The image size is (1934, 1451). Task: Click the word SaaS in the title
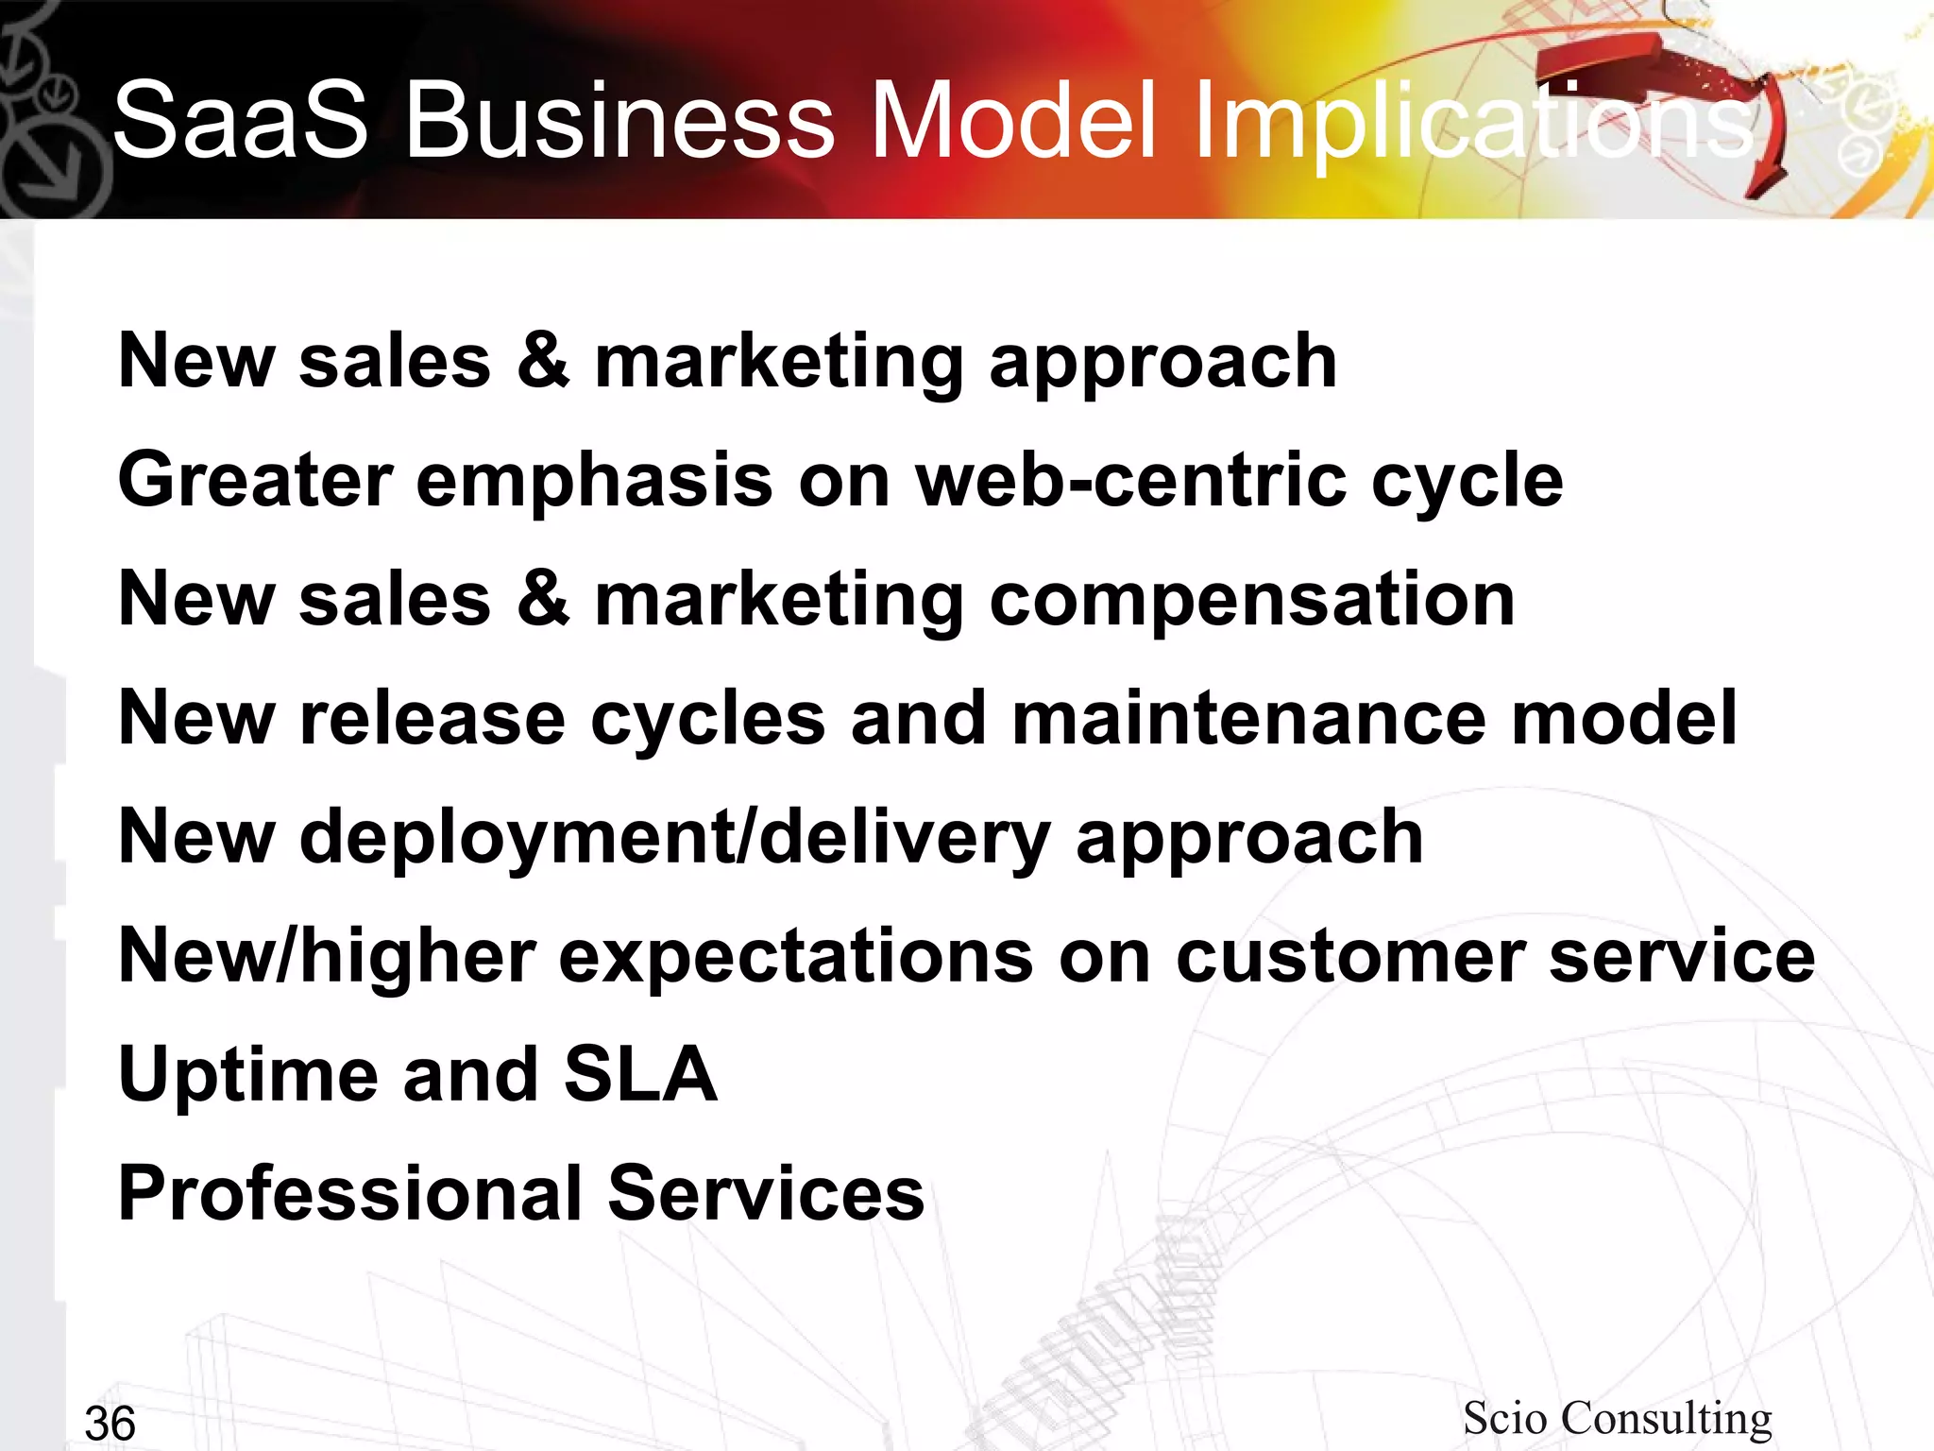tap(240, 120)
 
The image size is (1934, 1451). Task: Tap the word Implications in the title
tap(1473, 120)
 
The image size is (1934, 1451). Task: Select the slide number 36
tap(110, 1423)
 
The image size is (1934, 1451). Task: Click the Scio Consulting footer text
tap(1617, 1418)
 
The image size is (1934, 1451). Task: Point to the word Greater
tap(255, 480)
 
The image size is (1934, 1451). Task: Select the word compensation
tap(1251, 601)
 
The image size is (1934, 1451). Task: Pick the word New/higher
tap(327, 956)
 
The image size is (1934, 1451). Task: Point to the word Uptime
tap(247, 1075)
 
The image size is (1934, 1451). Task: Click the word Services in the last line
tap(765, 1194)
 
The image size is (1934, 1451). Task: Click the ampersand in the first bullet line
tap(543, 361)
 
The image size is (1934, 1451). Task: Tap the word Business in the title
tap(619, 120)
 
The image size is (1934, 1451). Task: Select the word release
tap(433, 718)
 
